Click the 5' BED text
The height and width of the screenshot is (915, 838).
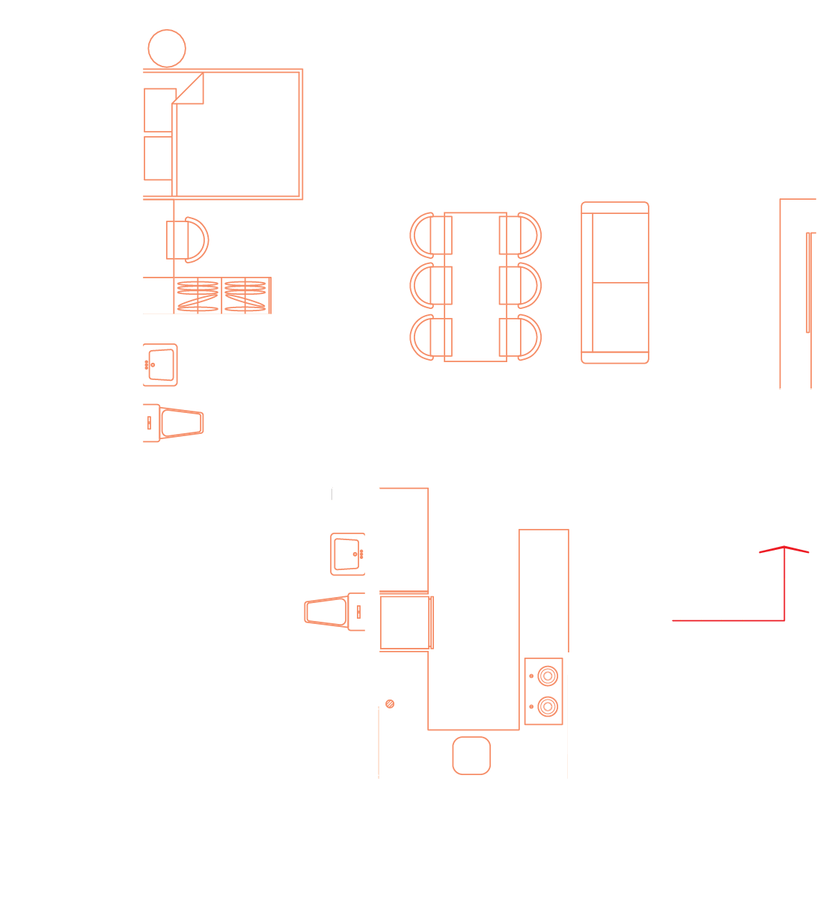click(x=281, y=192)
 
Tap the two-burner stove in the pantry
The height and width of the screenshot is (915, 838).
click(x=544, y=691)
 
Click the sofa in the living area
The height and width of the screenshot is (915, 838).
click(x=615, y=283)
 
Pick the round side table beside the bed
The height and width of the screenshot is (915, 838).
click(x=166, y=49)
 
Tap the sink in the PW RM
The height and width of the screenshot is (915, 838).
click(x=347, y=554)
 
